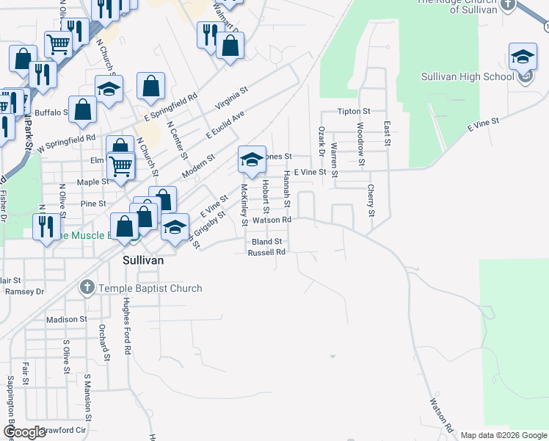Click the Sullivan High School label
pyautogui.click(x=468, y=76)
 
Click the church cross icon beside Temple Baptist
pyautogui.click(x=87, y=287)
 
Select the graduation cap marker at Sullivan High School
pyautogui.click(x=523, y=57)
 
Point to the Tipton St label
pyautogui.click(x=354, y=111)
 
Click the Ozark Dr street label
pyautogui.click(x=321, y=140)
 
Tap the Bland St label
pyautogui.click(x=266, y=242)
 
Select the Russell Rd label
pyautogui.click(x=266, y=252)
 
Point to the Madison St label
pyautogui.click(x=66, y=320)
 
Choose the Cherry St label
pyautogui.click(x=371, y=201)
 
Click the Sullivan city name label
pyautogui.click(x=142, y=261)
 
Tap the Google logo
pyautogui.click(x=24, y=432)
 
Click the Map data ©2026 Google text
pyautogui.click(x=503, y=435)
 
